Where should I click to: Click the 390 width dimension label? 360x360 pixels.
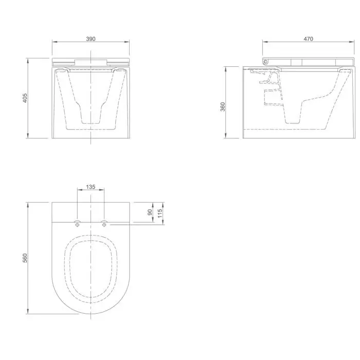(x=91, y=39)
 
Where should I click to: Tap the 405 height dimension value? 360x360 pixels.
(x=25, y=98)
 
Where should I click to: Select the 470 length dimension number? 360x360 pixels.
(x=309, y=39)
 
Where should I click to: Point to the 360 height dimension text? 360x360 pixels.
(x=223, y=107)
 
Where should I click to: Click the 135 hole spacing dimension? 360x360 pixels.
(x=91, y=187)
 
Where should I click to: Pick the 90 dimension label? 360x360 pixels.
(x=150, y=212)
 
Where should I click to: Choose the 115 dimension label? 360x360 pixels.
(x=160, y=213)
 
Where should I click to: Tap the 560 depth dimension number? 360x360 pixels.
(x=25, y=258)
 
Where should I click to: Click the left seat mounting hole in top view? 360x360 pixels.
(x=77, y=225)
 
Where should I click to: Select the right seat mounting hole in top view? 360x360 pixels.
(x=104, y=225)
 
